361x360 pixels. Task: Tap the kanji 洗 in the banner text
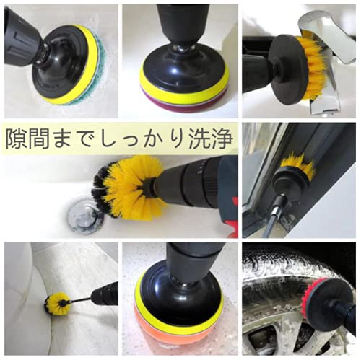pos(198,139)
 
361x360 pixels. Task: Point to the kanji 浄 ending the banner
pos(222,139)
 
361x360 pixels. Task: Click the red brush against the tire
pos(307,297)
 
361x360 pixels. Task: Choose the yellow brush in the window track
pos(298,164)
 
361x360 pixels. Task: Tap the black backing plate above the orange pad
pos(179,296)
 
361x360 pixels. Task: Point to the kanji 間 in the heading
pos(38,139)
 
